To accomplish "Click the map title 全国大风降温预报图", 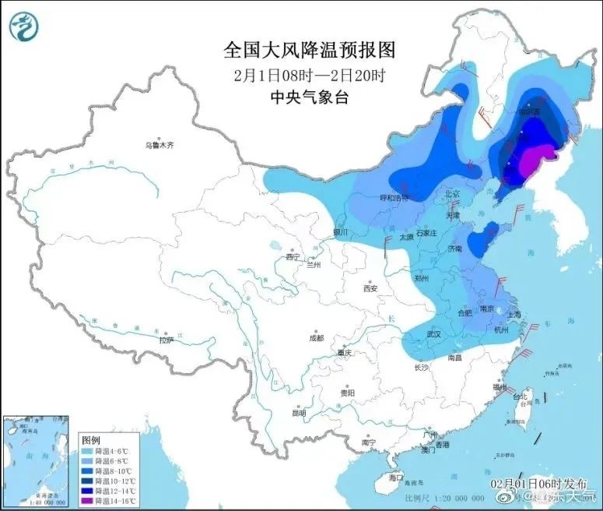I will click(x=310, y=51).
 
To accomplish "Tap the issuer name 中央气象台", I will click(x=310, y=97).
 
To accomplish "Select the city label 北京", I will click(x=451, y=193).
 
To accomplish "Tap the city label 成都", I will click(x=315, y=338).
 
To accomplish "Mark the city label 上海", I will click(x=514, y=315).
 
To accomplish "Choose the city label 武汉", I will click(x=433, y=334).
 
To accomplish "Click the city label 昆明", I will click(x=299, y=413).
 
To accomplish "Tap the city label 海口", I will click(x=396, y=477).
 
